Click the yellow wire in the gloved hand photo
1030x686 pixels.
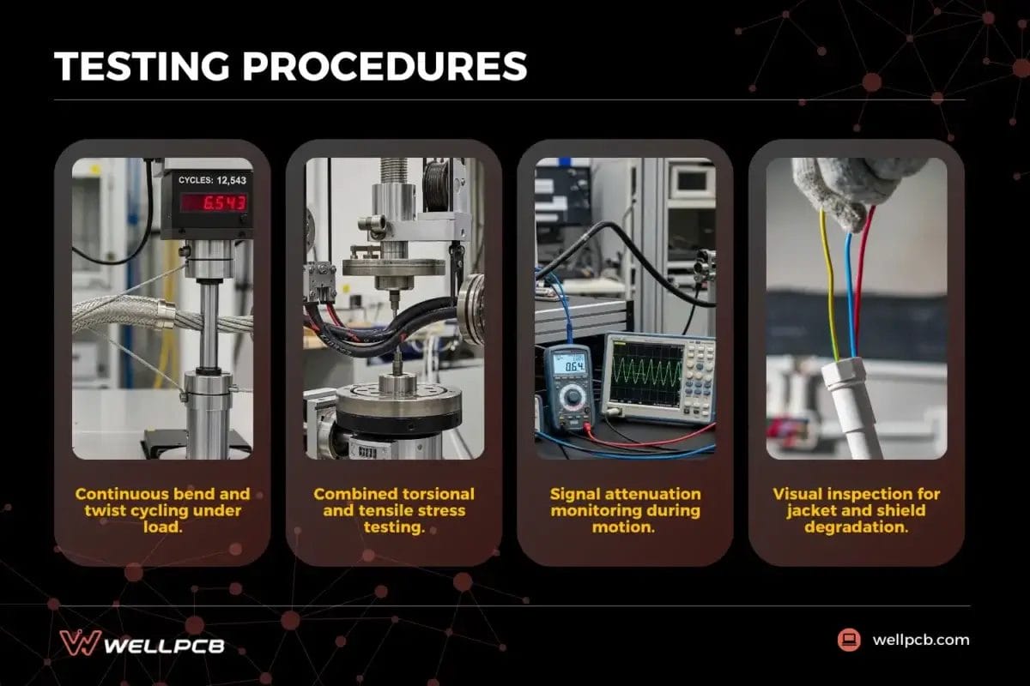click(x=828, y=283)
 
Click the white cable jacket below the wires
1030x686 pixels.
click(x=851, y=403)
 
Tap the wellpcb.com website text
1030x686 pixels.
click(x=920, y=640)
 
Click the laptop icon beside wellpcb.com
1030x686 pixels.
click(x=849, y=640)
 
